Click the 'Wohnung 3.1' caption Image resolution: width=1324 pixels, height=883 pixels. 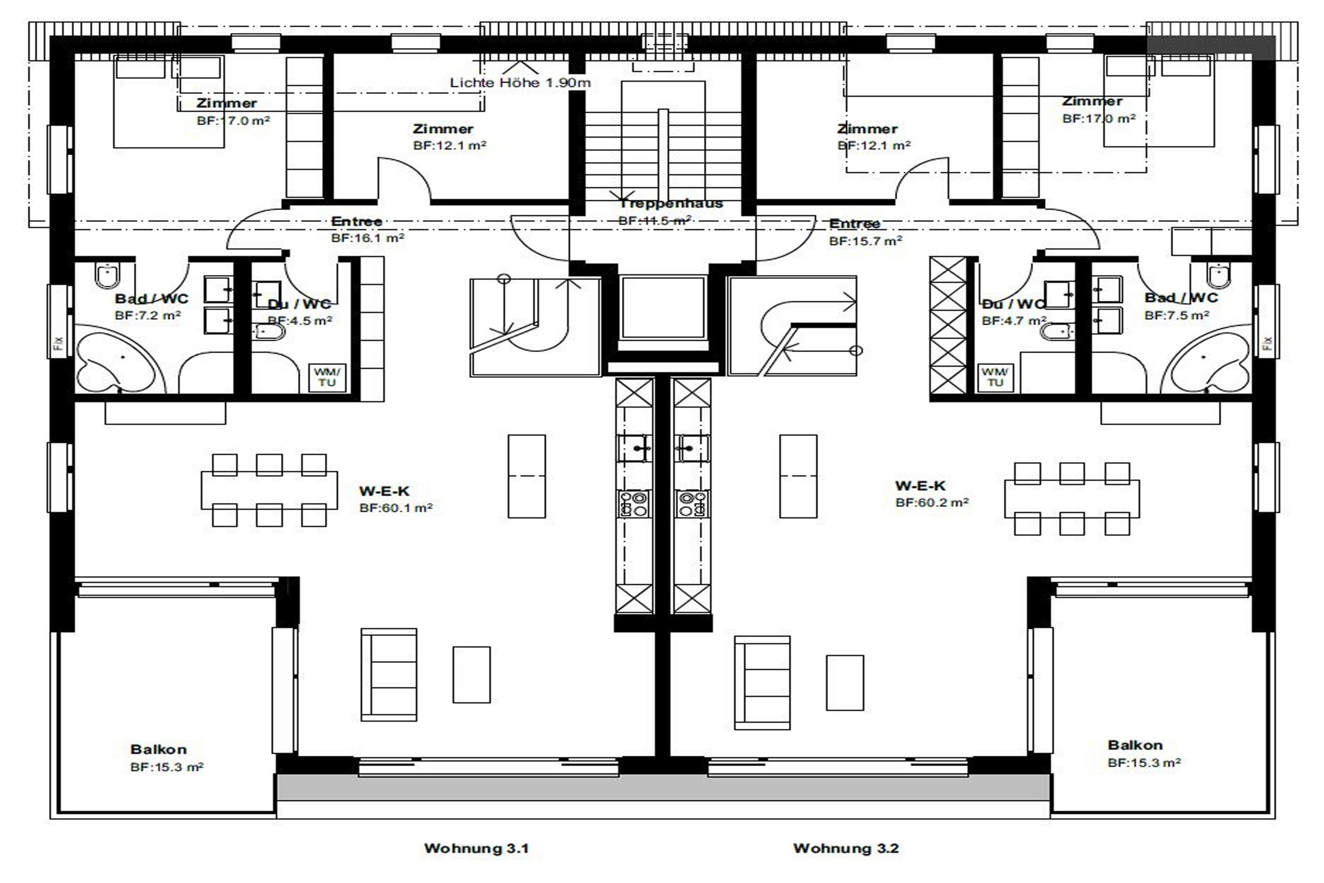pyautogui.click(x=476, y=848)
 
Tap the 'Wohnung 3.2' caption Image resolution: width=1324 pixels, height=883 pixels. pyautogui.click(x=846, y=848)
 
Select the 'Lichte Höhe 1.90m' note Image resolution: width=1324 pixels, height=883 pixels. pyautogui.click(x=520, y=83)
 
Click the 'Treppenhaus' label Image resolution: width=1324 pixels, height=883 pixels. pyautogui.click(x=670, y=203)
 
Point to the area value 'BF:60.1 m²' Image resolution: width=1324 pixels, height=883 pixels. pyautogui.click(x=396, y=508)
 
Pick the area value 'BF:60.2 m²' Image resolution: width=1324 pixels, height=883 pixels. pyautogui.click(x=931, y=502)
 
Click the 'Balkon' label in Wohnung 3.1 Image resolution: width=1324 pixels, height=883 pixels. pyautogui.click(x=158, y=750)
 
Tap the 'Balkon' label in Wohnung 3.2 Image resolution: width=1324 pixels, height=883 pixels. pyautogui.click(x=1135, y=745)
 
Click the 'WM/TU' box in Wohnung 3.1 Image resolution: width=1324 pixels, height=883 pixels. pyautogui.click(x=327, y=377)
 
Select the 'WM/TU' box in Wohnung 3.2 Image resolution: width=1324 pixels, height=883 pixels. pyautogui.click(x=995, y=377)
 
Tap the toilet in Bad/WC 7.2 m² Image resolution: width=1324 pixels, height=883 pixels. pyautogui.click(x=107, y=275)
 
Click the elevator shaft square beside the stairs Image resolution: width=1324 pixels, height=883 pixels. pyautogui.click(x=663, y=307)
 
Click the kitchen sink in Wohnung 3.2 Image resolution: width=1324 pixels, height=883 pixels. pyautogui.click(x=692, y=448)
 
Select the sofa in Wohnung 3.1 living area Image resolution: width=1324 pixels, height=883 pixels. pyautogui.click(x=388, y=675)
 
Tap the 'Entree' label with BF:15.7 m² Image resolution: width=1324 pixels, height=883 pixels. pyautogui.click(x=854, y=223)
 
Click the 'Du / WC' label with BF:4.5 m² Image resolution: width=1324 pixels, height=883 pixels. pyautogui.click(x=299, y=305)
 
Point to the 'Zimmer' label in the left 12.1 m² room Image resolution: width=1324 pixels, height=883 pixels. pyautogui.click(x=443, y=129)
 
